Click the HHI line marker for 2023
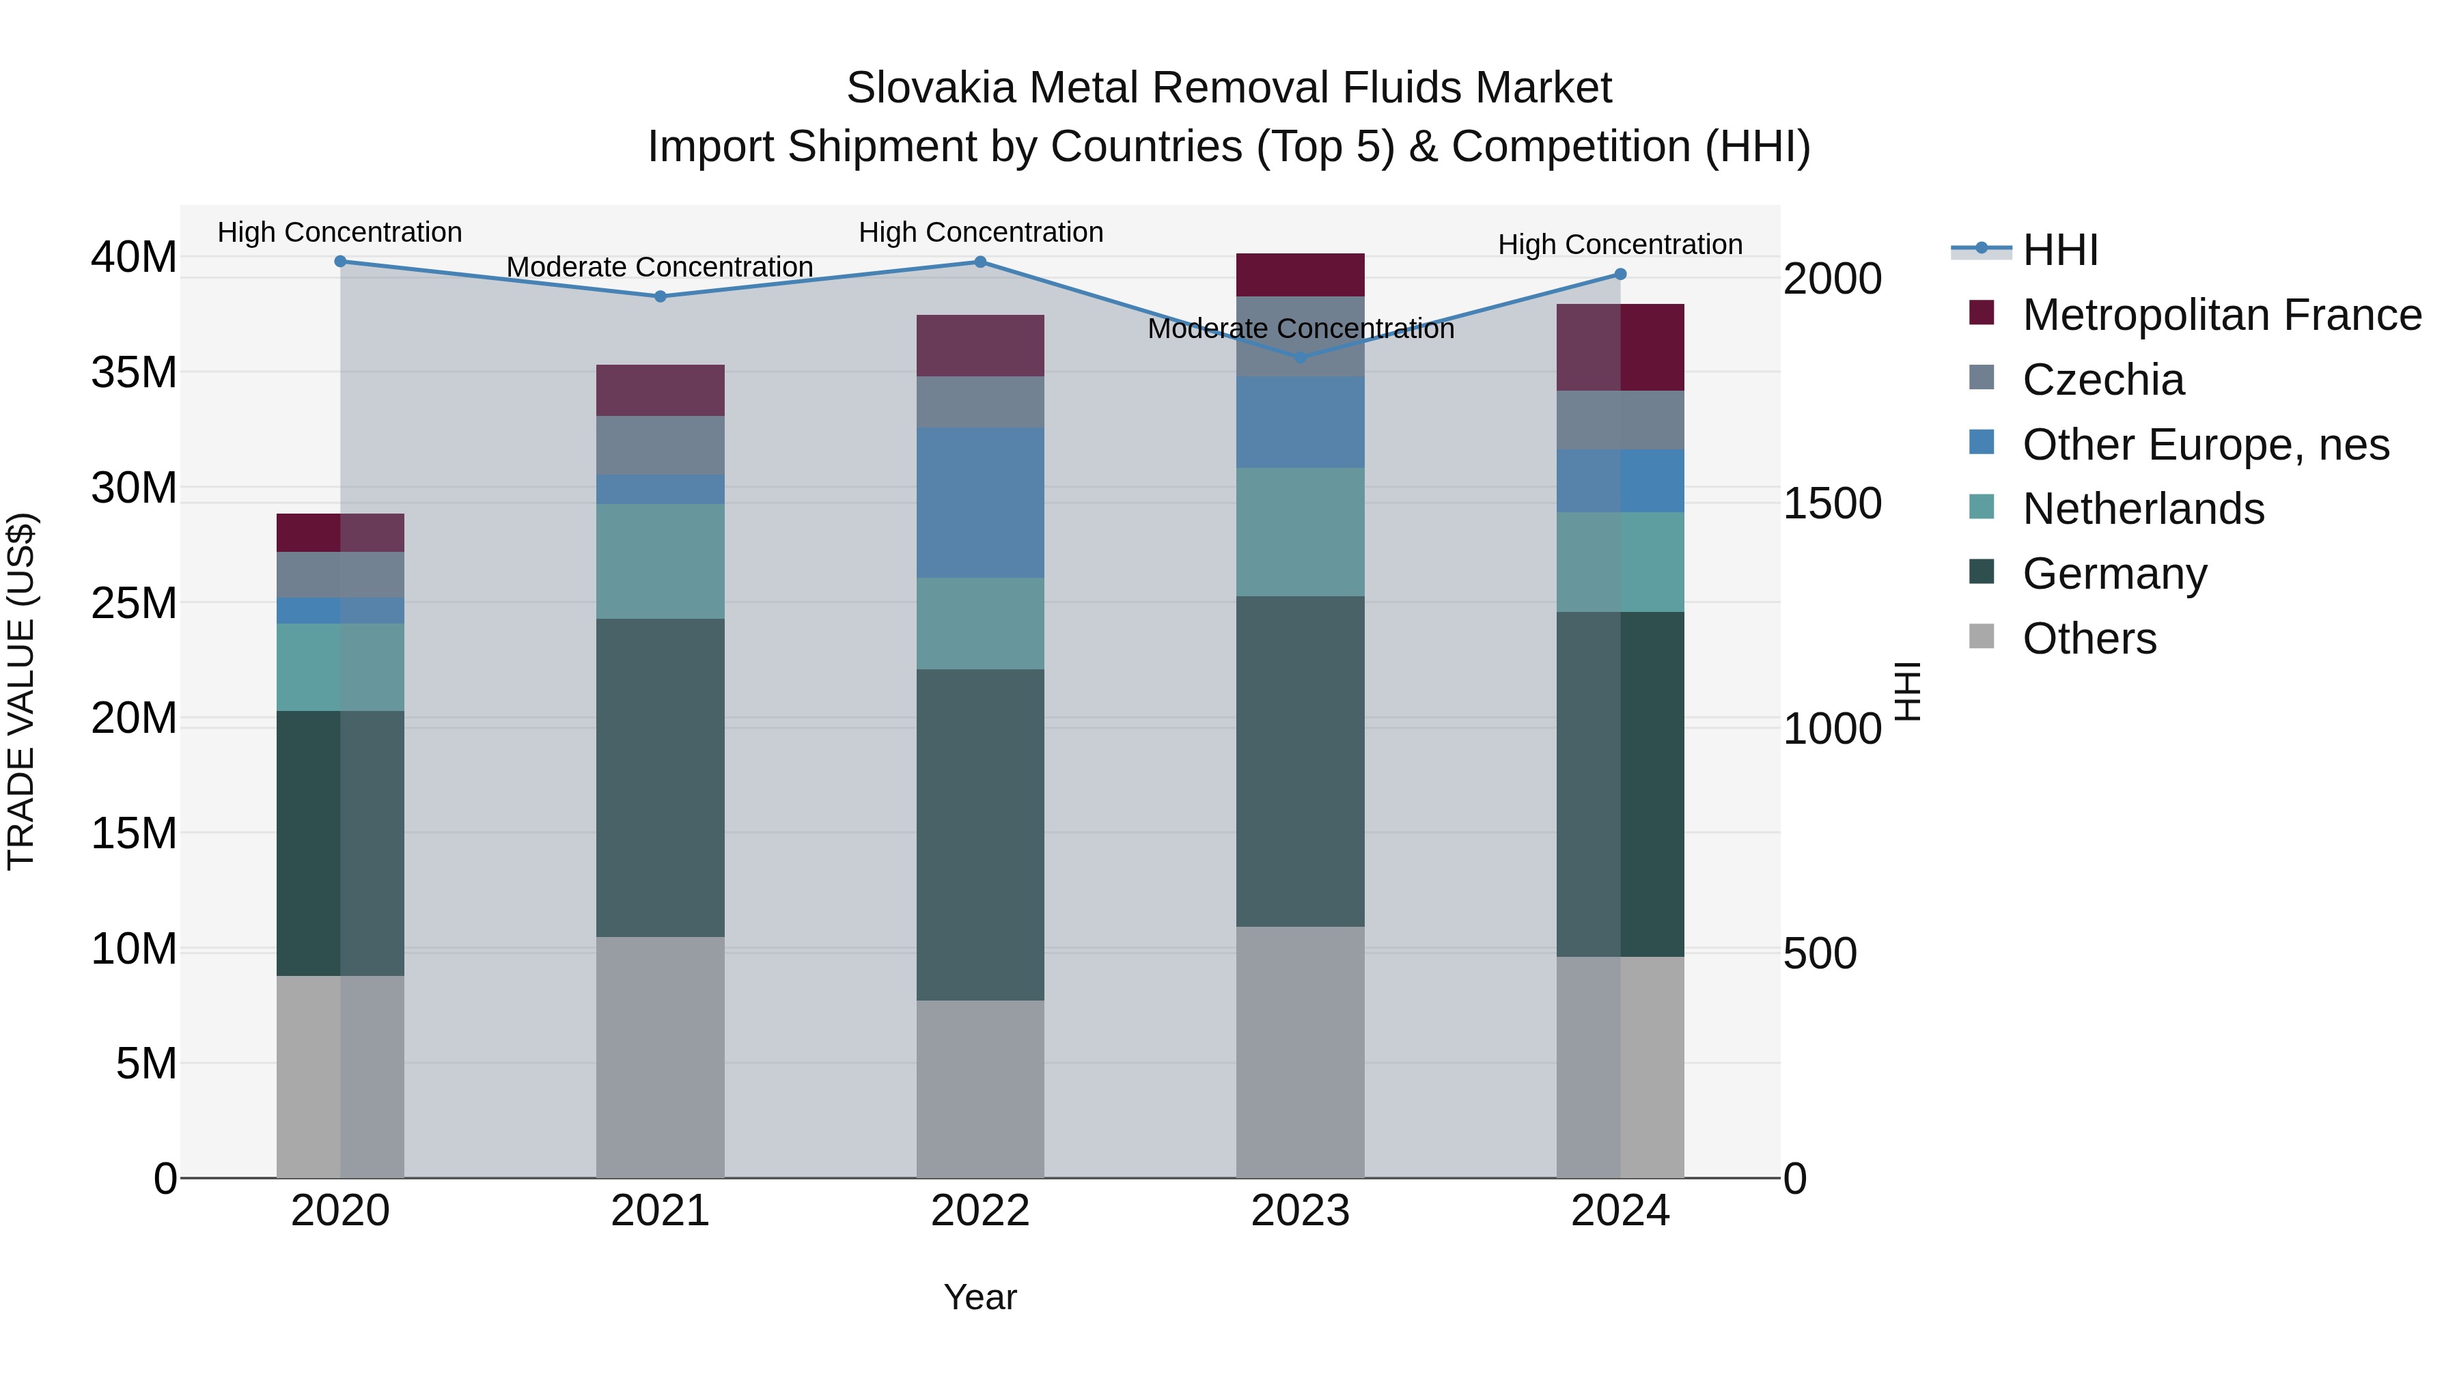coord(1300,358)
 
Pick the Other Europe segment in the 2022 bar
coord(980,502)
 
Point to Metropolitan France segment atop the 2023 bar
coord(1300,275)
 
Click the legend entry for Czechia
coord(2103,380)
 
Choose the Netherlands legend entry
coord(2143,509)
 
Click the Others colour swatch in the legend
coord(1982,637)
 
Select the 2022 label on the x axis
coord(980,1211)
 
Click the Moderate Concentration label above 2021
coord(660,267)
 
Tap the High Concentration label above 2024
coord(1620,245)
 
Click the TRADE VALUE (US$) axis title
coord(21,691)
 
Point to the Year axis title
coord(980,1297)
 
